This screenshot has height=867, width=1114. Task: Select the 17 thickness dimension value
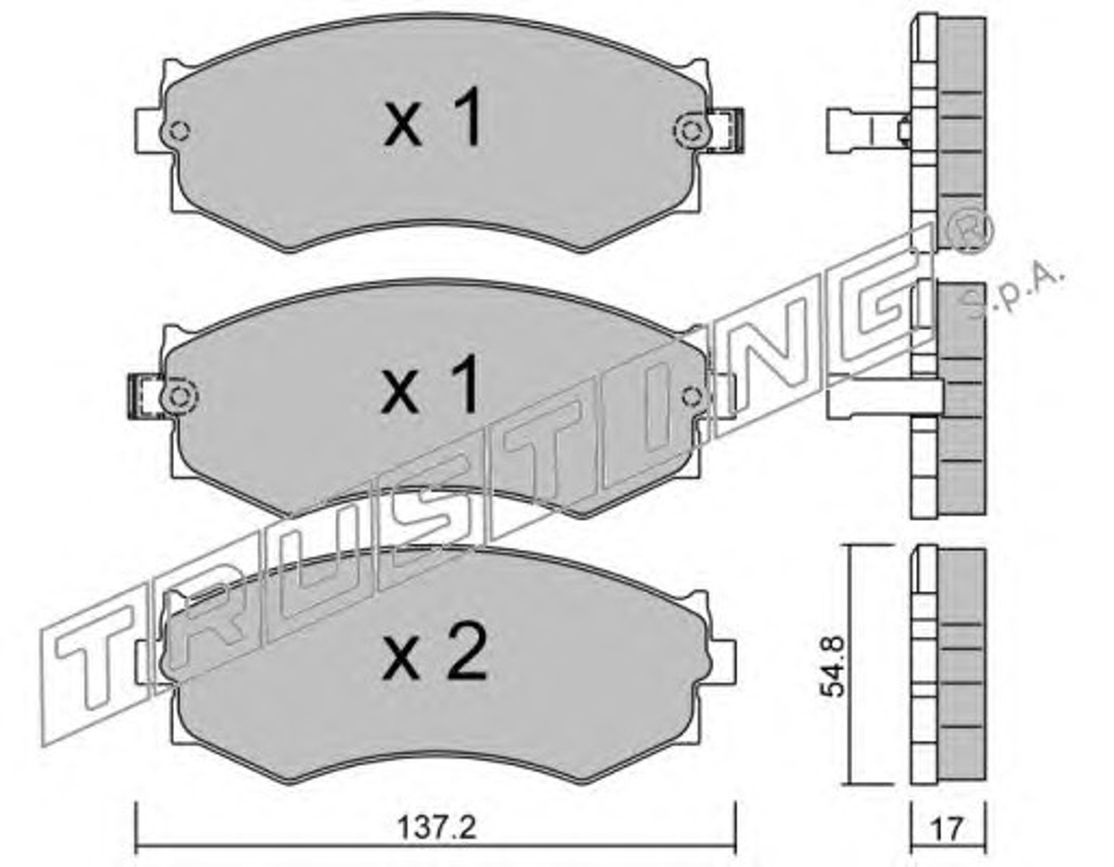click(948, 828)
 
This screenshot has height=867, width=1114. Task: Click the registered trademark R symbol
click(969, 230)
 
